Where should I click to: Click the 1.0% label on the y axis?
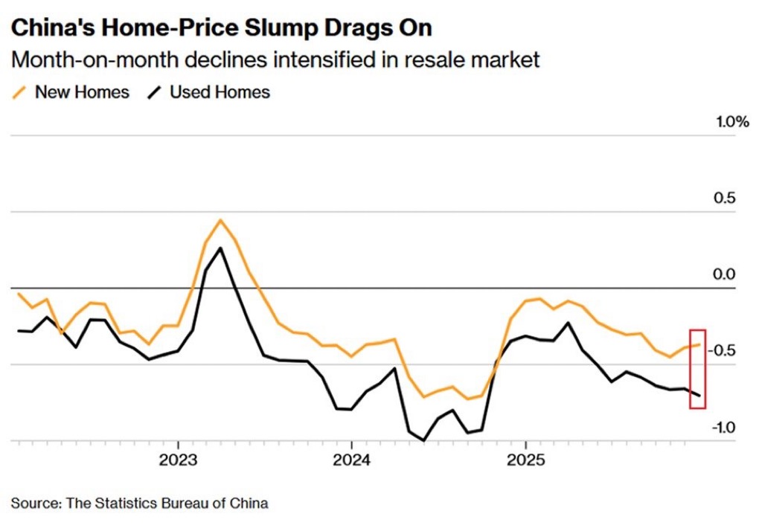732,123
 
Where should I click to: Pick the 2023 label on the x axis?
178,459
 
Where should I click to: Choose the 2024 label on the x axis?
351,459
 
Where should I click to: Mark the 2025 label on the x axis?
525,459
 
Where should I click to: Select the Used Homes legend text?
220,92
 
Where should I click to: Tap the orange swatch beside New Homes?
20,92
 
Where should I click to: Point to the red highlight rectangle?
698,368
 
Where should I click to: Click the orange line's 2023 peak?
220,220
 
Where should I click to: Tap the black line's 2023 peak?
220,248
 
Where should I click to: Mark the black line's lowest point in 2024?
424,440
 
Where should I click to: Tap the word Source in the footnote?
34,503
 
